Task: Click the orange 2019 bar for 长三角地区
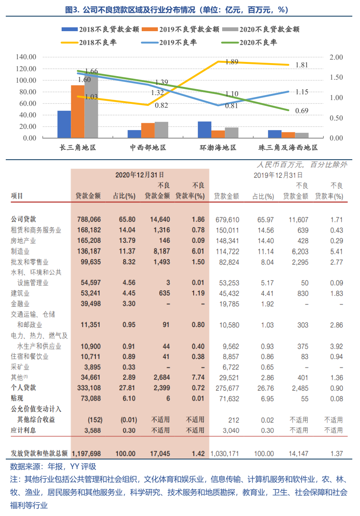[x=78, y=112]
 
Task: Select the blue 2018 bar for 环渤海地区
[x=204, y=130]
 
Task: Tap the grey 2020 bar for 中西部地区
[x=161, y=130]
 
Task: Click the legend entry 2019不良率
[x=169, y=42]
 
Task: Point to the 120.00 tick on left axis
[x=26, y=69]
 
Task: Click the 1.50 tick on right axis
[x=336, y=77]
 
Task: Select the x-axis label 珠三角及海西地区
[x=288, y=148]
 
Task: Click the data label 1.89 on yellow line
[x=232, y=62]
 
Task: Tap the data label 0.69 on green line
[x=302, y=111]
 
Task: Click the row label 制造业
[x=20, y=251]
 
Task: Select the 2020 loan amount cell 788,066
[x=89, y=219]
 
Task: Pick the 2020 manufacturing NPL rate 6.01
[x=198, y=251]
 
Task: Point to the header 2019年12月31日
[x=278, y=175]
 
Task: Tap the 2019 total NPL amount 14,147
[x=298, y=454]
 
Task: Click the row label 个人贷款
[x=23, y=387]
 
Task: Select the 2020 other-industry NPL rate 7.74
[x=198, y=377]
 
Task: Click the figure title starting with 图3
[x=177, y=10]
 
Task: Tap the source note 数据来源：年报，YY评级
[x=53, y=467]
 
